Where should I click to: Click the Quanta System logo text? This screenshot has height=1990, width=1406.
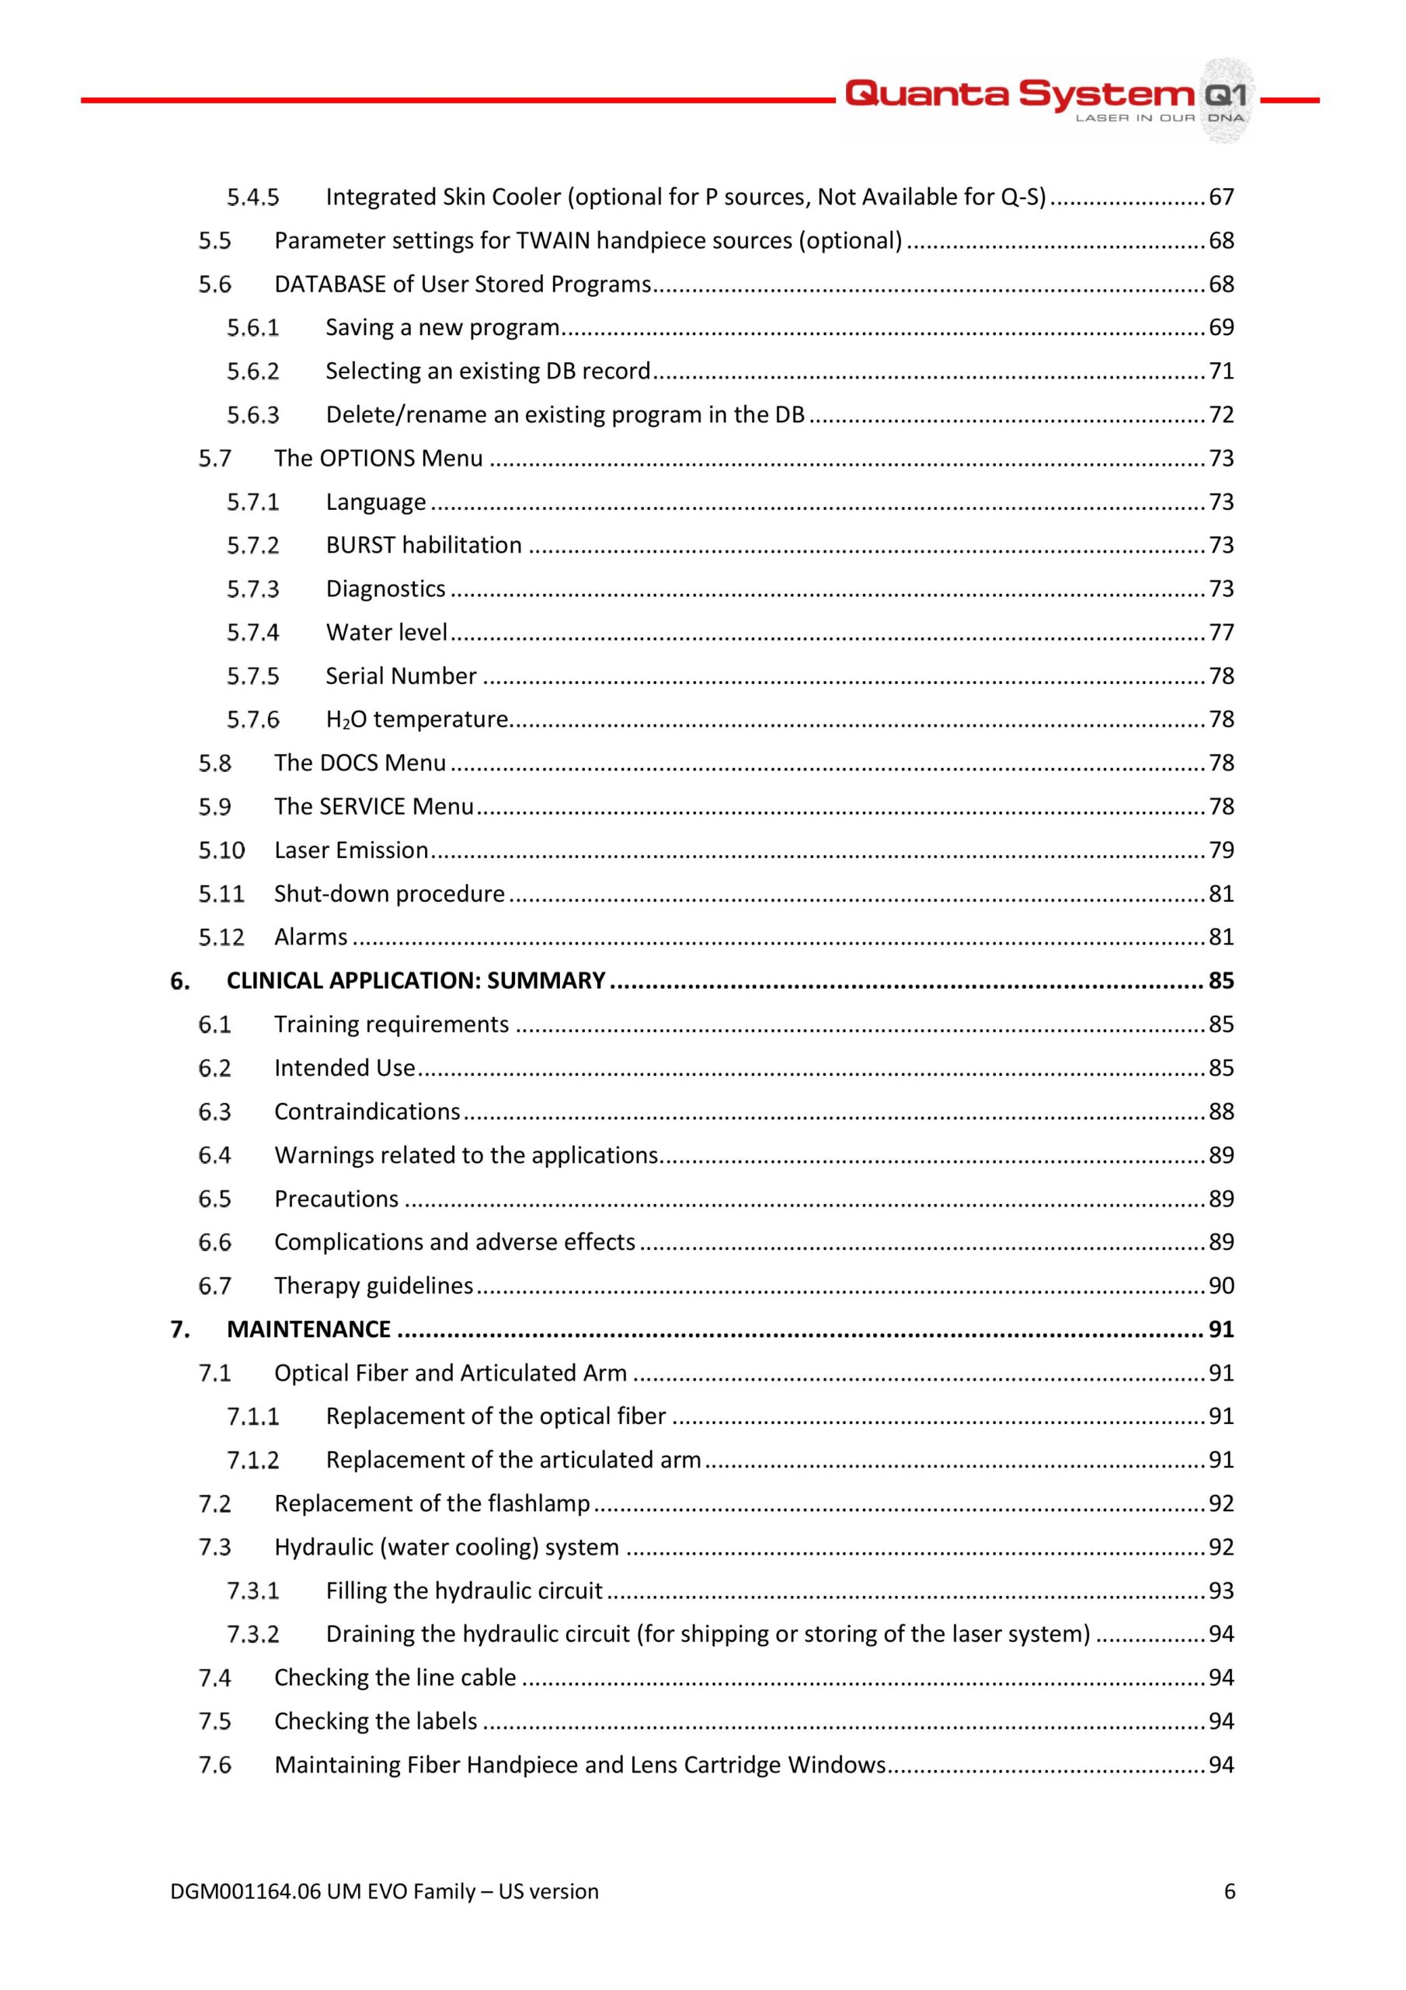(1018, 93)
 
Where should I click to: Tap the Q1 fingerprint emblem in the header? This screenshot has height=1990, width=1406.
(1224, 99)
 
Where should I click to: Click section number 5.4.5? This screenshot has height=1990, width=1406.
(253, 197)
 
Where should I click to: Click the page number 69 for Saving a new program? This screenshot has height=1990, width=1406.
(1220, 327)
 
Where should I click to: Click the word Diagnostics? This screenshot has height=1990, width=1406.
(385, 589)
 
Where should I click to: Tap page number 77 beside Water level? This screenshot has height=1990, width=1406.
(1220, 633)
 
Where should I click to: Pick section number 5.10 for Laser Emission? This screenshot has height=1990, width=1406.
(221, 850)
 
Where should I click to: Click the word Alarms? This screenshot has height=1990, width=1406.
(310, 937)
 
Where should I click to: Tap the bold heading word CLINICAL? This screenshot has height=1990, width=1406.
(275, 980)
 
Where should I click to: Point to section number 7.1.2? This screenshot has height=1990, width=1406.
(253, 1461)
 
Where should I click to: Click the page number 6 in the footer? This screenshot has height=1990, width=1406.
(1229, 1891)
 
